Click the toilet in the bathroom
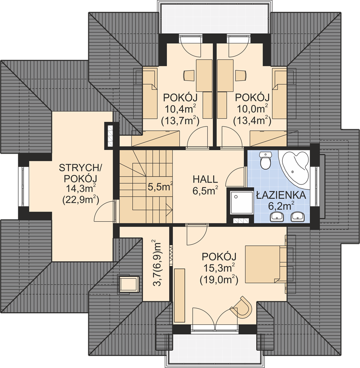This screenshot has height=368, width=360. point(265,160)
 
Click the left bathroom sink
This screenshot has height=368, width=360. point(277,217)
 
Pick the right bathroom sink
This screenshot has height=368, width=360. point(297,217)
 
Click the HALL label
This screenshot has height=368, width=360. point(205,179)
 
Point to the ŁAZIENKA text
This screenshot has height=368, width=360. point(281,195)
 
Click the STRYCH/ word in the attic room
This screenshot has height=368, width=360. point(80,168)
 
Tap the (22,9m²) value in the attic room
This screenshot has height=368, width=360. point(80,200)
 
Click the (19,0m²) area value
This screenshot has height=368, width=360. point(219,280)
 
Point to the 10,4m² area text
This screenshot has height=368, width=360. point(181,109)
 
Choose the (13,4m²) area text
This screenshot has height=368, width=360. point(252,121)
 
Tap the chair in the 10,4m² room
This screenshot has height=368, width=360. point(189,75)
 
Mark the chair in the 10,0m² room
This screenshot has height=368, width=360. point(241,75)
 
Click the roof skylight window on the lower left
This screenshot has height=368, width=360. point(129,283)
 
